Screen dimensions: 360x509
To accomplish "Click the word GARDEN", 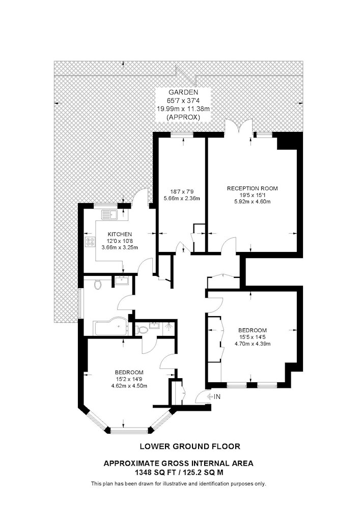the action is [183, 92].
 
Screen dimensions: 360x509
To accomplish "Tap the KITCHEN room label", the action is [120, 234].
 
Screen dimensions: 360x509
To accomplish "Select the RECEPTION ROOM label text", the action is [252, 188].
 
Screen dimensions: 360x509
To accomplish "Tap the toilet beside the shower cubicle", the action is [142, 330].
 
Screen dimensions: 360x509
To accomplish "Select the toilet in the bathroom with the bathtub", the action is [97, 285].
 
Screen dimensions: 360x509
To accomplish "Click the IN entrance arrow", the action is [210, 397].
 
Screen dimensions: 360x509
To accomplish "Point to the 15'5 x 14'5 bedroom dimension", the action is [253, 337].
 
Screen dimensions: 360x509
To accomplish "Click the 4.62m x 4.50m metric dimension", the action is [129, 386].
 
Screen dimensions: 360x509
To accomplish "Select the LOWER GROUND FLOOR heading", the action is [190, 446].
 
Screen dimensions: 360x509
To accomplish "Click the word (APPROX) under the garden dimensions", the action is [183, 118].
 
